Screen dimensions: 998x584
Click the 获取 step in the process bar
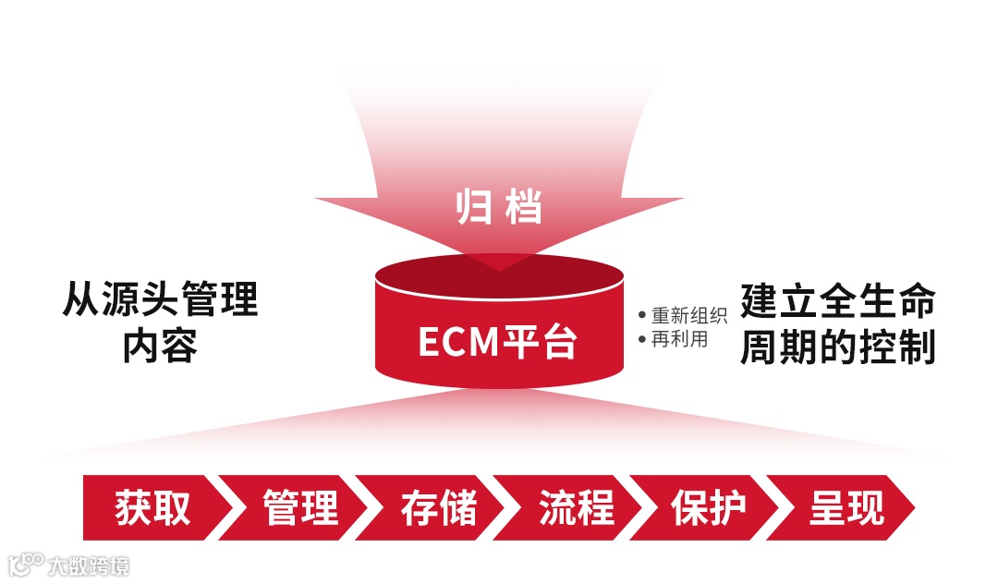click(x=152, y=508)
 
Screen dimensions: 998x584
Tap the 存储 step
click(x=438, y=508)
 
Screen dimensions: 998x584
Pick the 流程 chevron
click(x=576, y=508)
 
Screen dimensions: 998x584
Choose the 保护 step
click(x=709, y=508)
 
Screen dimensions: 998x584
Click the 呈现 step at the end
click(x=846, y=508)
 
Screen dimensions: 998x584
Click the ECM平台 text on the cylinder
click(x=498, y=341)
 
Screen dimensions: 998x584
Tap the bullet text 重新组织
click(x=688, y=315)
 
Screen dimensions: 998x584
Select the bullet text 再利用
click(x=679, y=339)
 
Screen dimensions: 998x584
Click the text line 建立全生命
click(x=838, y=301)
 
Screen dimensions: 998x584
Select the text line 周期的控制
click(x=838, y=348)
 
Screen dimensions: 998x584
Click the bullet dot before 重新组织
click(x=642, y=316)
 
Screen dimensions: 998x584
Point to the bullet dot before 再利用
click(x=642, y=340)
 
